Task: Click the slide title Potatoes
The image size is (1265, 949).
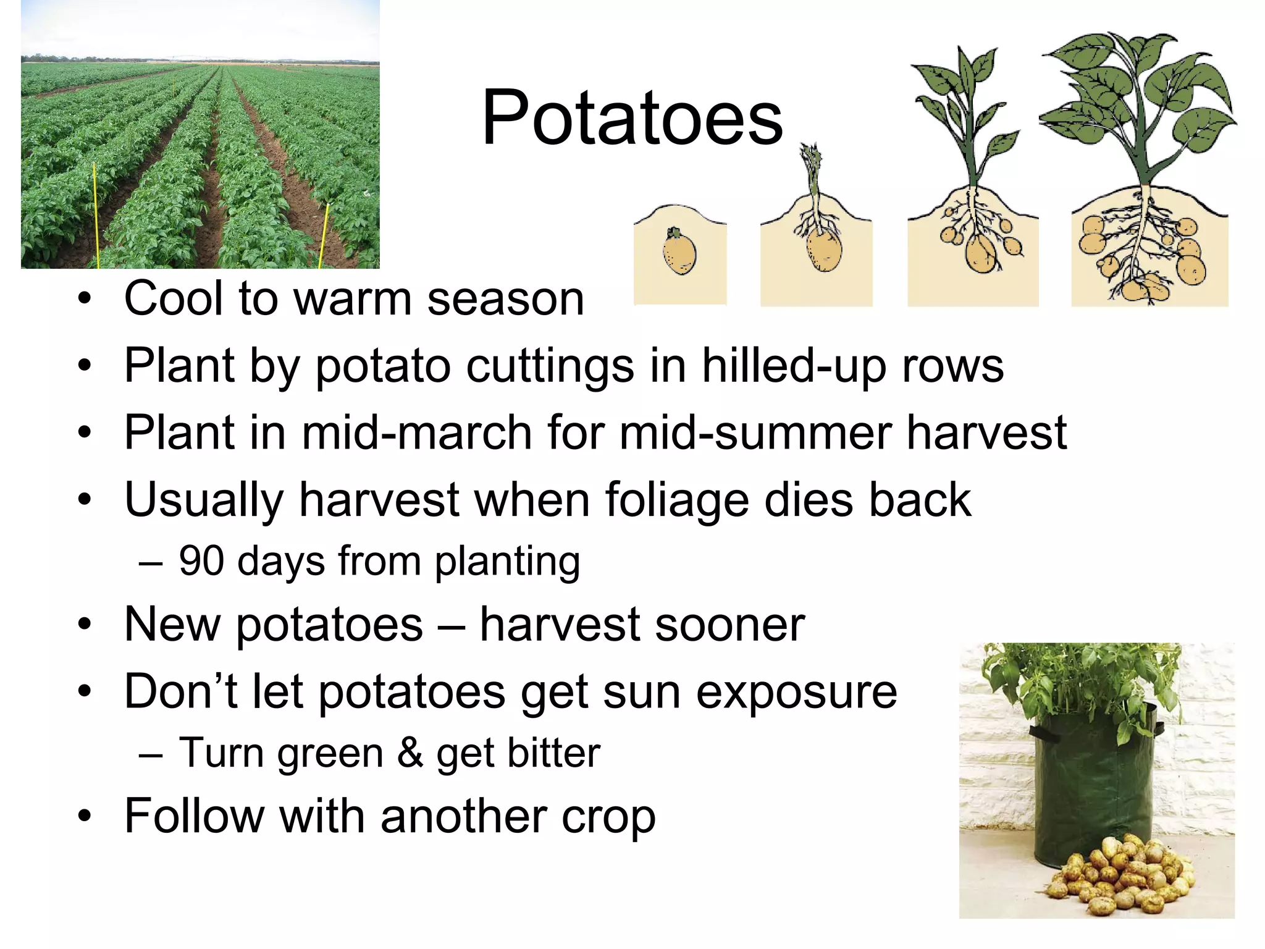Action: pos(632,117)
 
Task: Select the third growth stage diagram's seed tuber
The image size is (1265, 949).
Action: pos(980,254)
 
